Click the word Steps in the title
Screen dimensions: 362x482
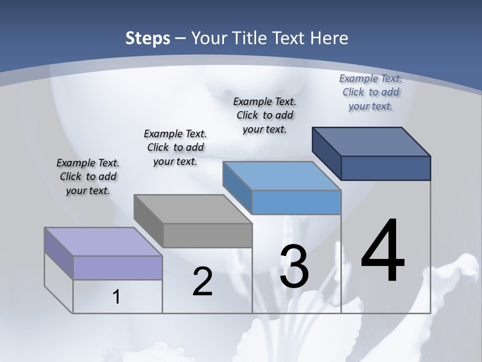click(x=148, y=38)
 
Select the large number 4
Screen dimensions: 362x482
click(x=383, y=251)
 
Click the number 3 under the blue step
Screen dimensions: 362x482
click(x=294, y=267)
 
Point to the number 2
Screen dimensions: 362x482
click(x=202, y=282)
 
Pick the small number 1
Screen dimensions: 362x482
click(x=116, y=297)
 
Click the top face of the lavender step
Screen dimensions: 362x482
click(x=103, y=242)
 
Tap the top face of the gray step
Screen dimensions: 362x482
click(x=193, y=209)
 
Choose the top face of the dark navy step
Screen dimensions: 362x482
click(x=372, y=141)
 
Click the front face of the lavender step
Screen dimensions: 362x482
click(x=117, y=267)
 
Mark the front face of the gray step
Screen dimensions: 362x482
click(x=207, y=235)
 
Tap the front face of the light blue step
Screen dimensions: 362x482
click(x=296, y=202)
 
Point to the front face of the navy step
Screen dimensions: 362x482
click(x=386, y=168)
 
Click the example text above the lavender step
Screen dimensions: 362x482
click(x=88, y=176)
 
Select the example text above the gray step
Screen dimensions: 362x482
click(x=175, y=147)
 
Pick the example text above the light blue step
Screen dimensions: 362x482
click(x=265, y=115)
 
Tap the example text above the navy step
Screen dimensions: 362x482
click(x=371, y=92)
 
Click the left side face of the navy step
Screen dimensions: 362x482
click(x=327, y=153)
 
